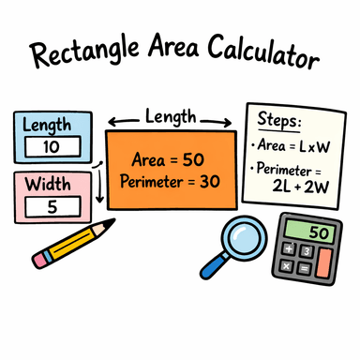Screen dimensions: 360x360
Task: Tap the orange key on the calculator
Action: coord(323,263)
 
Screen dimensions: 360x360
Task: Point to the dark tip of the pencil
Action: coord(112,223)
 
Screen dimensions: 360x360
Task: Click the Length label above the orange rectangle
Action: coord(171,115)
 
